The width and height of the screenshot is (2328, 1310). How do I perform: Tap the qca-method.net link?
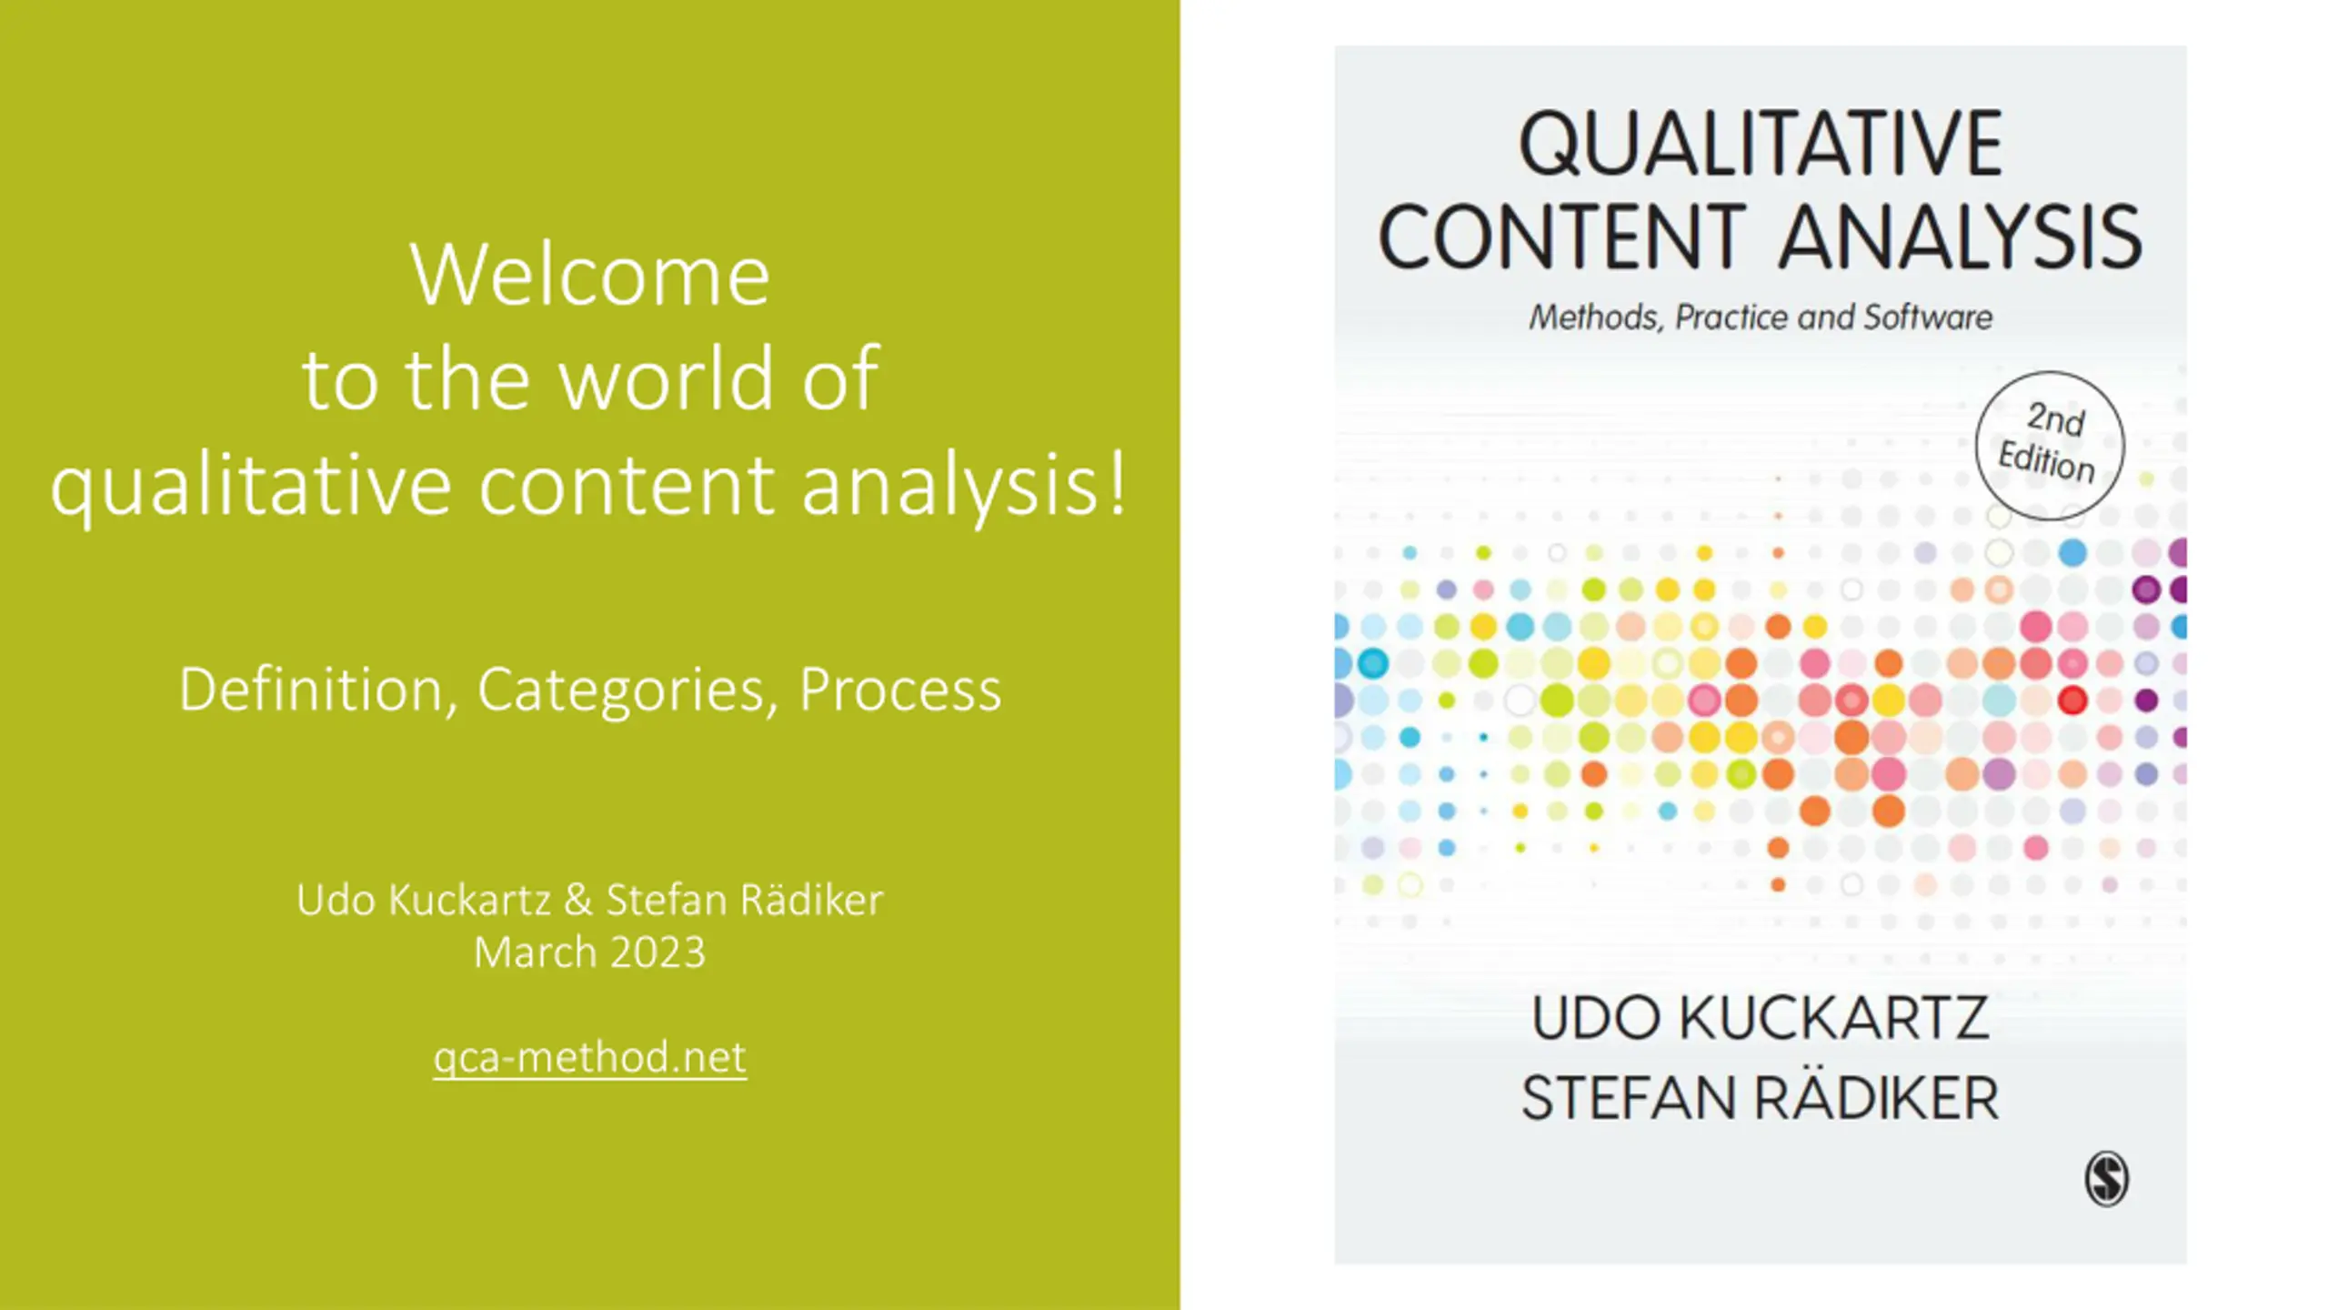[590, 1057]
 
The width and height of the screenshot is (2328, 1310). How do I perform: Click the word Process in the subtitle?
[900, 690]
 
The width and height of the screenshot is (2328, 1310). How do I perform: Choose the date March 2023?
[590, 952]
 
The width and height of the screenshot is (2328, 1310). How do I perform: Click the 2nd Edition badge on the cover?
[2050, 446]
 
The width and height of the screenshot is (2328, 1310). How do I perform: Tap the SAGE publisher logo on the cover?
[2106, 1179]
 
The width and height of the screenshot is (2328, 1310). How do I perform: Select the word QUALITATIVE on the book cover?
[1761, 143]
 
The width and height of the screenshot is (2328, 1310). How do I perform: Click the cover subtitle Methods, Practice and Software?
[1761, 317]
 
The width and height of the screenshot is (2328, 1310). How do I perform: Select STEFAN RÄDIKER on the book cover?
[1761, 1097]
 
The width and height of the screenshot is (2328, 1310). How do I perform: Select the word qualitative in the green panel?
[251, 487]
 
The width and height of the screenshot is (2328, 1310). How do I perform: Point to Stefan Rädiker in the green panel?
[745, 900]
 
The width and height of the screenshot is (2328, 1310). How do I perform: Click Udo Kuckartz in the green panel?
[424, 900]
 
